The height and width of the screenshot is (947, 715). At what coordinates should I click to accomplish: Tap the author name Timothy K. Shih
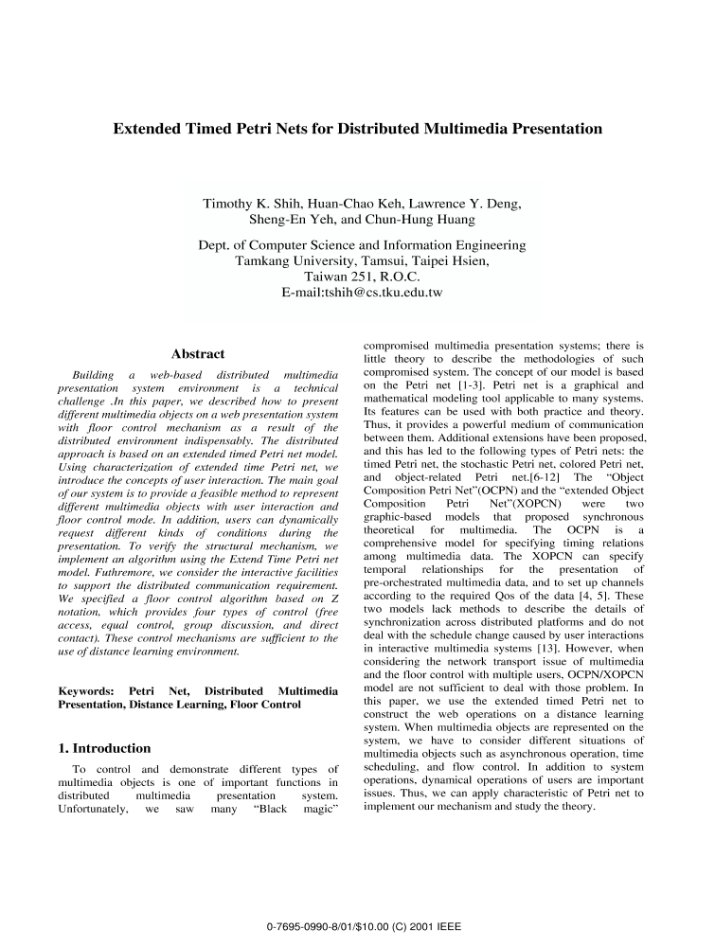[x=250, y=204]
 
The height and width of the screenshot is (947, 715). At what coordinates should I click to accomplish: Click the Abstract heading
[x=198, y=354]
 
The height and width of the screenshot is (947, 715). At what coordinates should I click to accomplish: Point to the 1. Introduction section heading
[x=104, y=748]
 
